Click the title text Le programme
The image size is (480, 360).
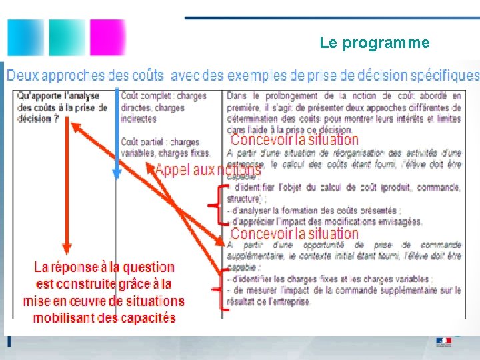(374, 43)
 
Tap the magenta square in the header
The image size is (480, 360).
(107, 37)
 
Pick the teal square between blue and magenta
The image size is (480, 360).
(66, 37)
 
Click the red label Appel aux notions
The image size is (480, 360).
(207, 171)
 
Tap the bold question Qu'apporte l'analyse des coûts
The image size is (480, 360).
(60, 107)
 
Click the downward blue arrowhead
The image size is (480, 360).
(117, 174)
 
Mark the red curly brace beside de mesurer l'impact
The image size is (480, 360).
(215, 290)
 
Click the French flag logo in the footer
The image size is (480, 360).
(443, 341)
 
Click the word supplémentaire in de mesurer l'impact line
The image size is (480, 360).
(394, 290)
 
